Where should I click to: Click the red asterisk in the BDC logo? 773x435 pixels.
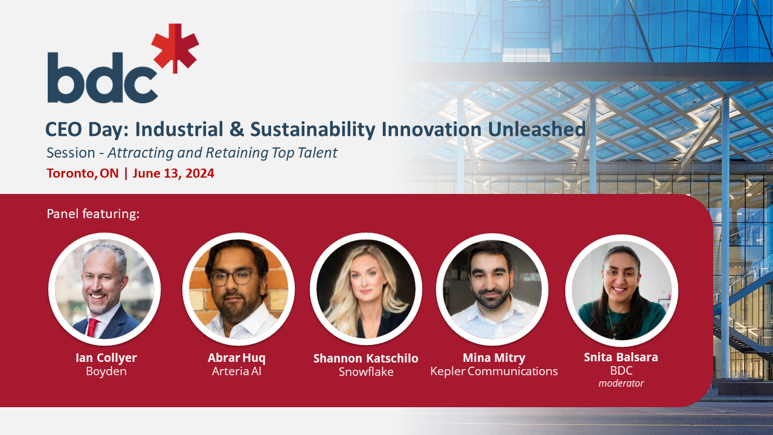point(175,48)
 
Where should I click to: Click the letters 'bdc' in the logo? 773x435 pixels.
point(103,77)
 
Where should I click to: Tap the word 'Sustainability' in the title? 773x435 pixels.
point(313,130)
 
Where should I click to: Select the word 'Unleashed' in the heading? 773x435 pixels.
point(537,129)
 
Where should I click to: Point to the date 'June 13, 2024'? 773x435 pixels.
point(173,173)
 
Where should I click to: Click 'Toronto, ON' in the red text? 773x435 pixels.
point(83,173)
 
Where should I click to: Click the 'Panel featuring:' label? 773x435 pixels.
point(93,214)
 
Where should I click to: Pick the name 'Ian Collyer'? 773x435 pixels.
point(106,358)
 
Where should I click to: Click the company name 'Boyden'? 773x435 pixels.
point(106,372)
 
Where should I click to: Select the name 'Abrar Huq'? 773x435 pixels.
point(237,358)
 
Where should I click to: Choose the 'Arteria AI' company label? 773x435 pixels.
point(237,372)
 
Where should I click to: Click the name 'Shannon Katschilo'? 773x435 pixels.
point(366,359)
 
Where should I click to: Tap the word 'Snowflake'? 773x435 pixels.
point(366,372)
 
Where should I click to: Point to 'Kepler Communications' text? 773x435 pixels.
point(494,372)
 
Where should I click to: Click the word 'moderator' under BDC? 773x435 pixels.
point(621,384)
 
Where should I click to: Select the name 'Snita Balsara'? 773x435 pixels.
point(621,357)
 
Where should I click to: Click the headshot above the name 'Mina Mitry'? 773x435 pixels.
point(492,289)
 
